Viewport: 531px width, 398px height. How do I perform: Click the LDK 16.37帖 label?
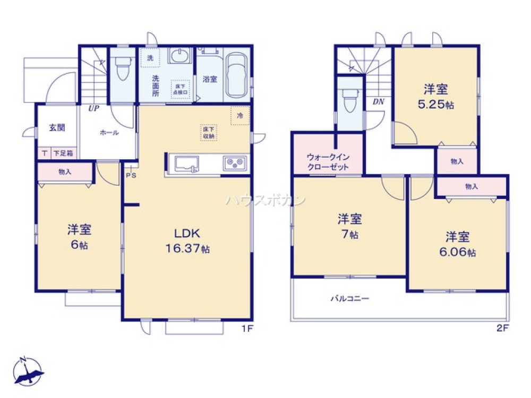[185, 240]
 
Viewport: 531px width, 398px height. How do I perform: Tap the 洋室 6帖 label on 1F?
[79, 237]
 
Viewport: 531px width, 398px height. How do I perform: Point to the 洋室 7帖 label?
[349, 226]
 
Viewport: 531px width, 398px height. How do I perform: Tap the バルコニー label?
[350, 298]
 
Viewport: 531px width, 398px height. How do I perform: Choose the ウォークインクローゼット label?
[328, 162]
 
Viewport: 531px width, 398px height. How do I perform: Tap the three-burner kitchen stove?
[234, 163]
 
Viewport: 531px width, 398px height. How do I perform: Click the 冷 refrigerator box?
[240, 116]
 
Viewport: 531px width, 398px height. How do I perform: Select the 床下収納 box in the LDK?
[208, 132]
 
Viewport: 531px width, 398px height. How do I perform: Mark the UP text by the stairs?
[93, 108]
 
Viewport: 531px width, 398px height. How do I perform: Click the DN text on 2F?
[378, 101]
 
